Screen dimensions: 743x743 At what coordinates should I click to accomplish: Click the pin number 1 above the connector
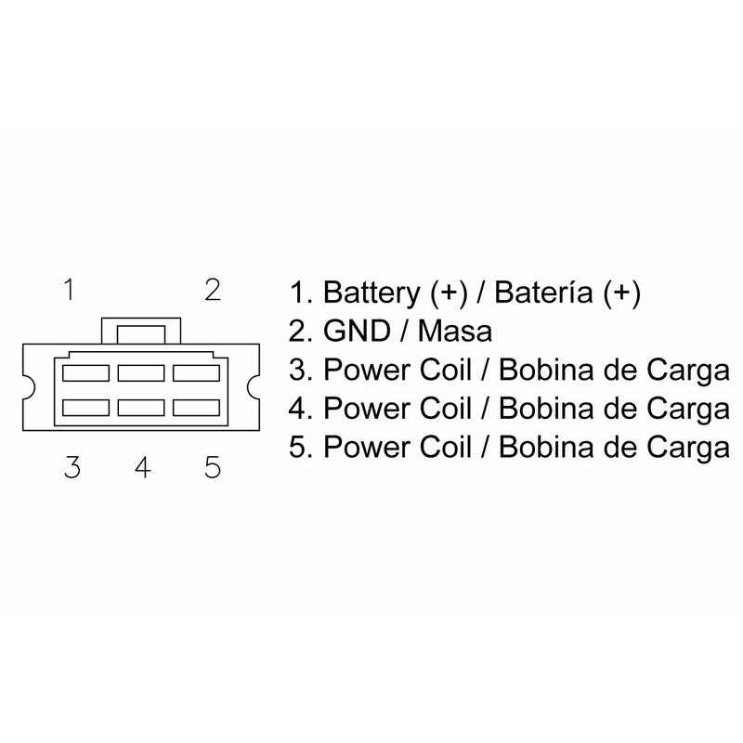(69, 290)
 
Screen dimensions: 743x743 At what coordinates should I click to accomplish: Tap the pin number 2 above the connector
(212, 290)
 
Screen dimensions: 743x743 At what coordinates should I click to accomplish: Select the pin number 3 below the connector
(72, 466)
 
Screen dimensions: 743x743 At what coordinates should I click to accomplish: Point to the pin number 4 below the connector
(142, 466)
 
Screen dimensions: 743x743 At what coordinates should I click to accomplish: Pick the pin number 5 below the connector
(213, 466)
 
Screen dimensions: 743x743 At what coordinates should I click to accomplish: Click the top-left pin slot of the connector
(84, 371)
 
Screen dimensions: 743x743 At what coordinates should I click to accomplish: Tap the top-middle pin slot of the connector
(141, 371)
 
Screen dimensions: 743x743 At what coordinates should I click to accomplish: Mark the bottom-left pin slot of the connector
(84, 407)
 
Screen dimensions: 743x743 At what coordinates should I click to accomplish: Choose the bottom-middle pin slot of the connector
(141, 407)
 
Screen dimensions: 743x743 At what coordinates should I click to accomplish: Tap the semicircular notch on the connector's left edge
(29, 385)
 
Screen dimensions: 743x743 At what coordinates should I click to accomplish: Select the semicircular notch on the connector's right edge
(254, 385)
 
